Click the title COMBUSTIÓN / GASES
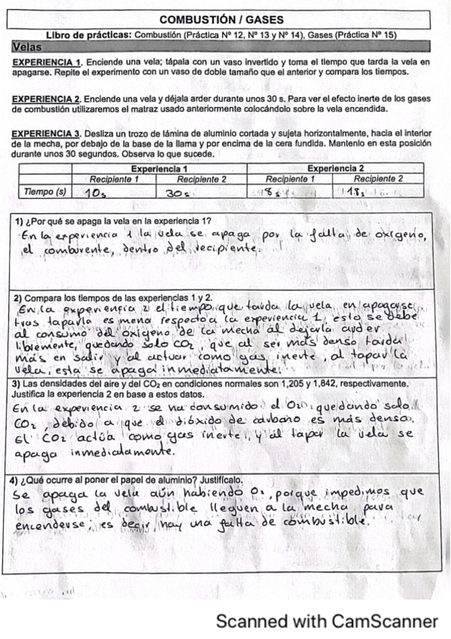click(223, 20)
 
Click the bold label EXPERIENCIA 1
click(47, 62)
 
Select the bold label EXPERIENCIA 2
click(47, 99)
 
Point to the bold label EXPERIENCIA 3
click(47, 134)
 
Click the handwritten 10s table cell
click(95, 193)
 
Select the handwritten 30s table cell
click(177, 193)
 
